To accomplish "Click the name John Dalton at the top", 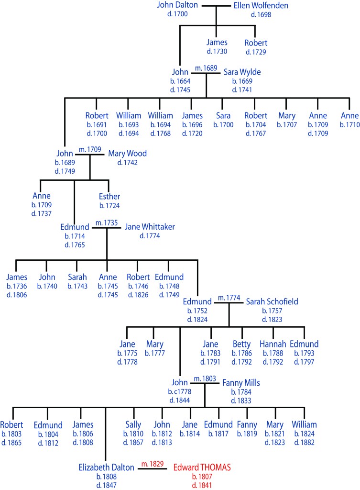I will (176, 6).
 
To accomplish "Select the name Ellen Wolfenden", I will (261, 6).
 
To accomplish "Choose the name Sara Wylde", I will (242, 72).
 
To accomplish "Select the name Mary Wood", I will (127, 154).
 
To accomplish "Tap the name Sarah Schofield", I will (272, 301).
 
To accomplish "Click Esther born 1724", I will (109, 197).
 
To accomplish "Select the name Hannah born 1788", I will (273, 344).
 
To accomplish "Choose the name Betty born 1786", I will (241, 344).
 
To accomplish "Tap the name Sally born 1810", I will (133, 425).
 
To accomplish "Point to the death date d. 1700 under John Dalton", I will (177, 14).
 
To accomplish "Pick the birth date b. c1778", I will (180, 392).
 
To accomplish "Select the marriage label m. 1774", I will (228, 298).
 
